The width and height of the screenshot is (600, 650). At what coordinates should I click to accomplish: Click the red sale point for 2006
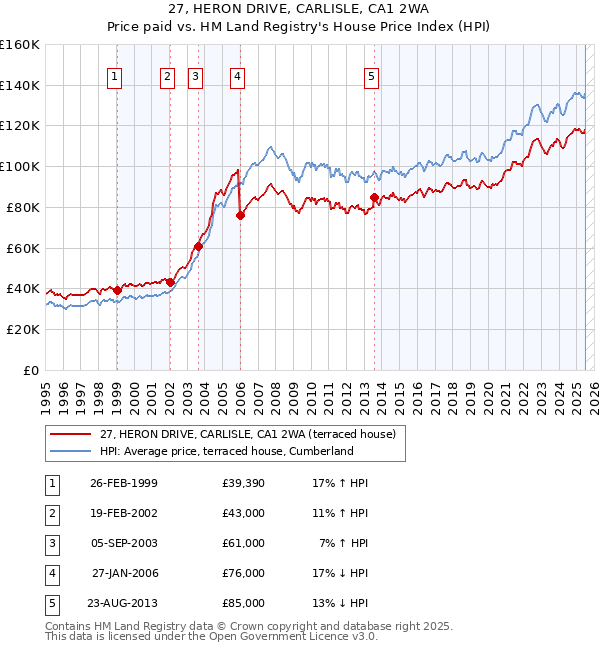(241, 215)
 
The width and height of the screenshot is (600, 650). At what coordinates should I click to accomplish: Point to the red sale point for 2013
(374, 197)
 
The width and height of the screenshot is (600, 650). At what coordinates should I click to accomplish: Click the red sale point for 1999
(117, 290)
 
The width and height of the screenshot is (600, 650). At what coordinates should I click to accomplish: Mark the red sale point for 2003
(198, 246)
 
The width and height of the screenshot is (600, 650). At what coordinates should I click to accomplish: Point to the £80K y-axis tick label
(23, 207)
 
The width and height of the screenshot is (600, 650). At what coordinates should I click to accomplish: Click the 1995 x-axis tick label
(46, 391)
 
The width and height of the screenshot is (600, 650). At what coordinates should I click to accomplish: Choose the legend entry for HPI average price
(227, 451)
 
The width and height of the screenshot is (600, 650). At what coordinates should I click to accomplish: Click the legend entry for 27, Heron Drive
(248, 434)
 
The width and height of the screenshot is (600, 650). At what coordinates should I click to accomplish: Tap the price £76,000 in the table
(244, 573)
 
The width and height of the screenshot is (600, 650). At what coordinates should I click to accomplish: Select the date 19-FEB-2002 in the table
(123, 513)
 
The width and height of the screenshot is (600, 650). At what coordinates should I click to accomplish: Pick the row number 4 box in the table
(50, 573)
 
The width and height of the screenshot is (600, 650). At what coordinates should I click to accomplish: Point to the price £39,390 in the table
(244, 483)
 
